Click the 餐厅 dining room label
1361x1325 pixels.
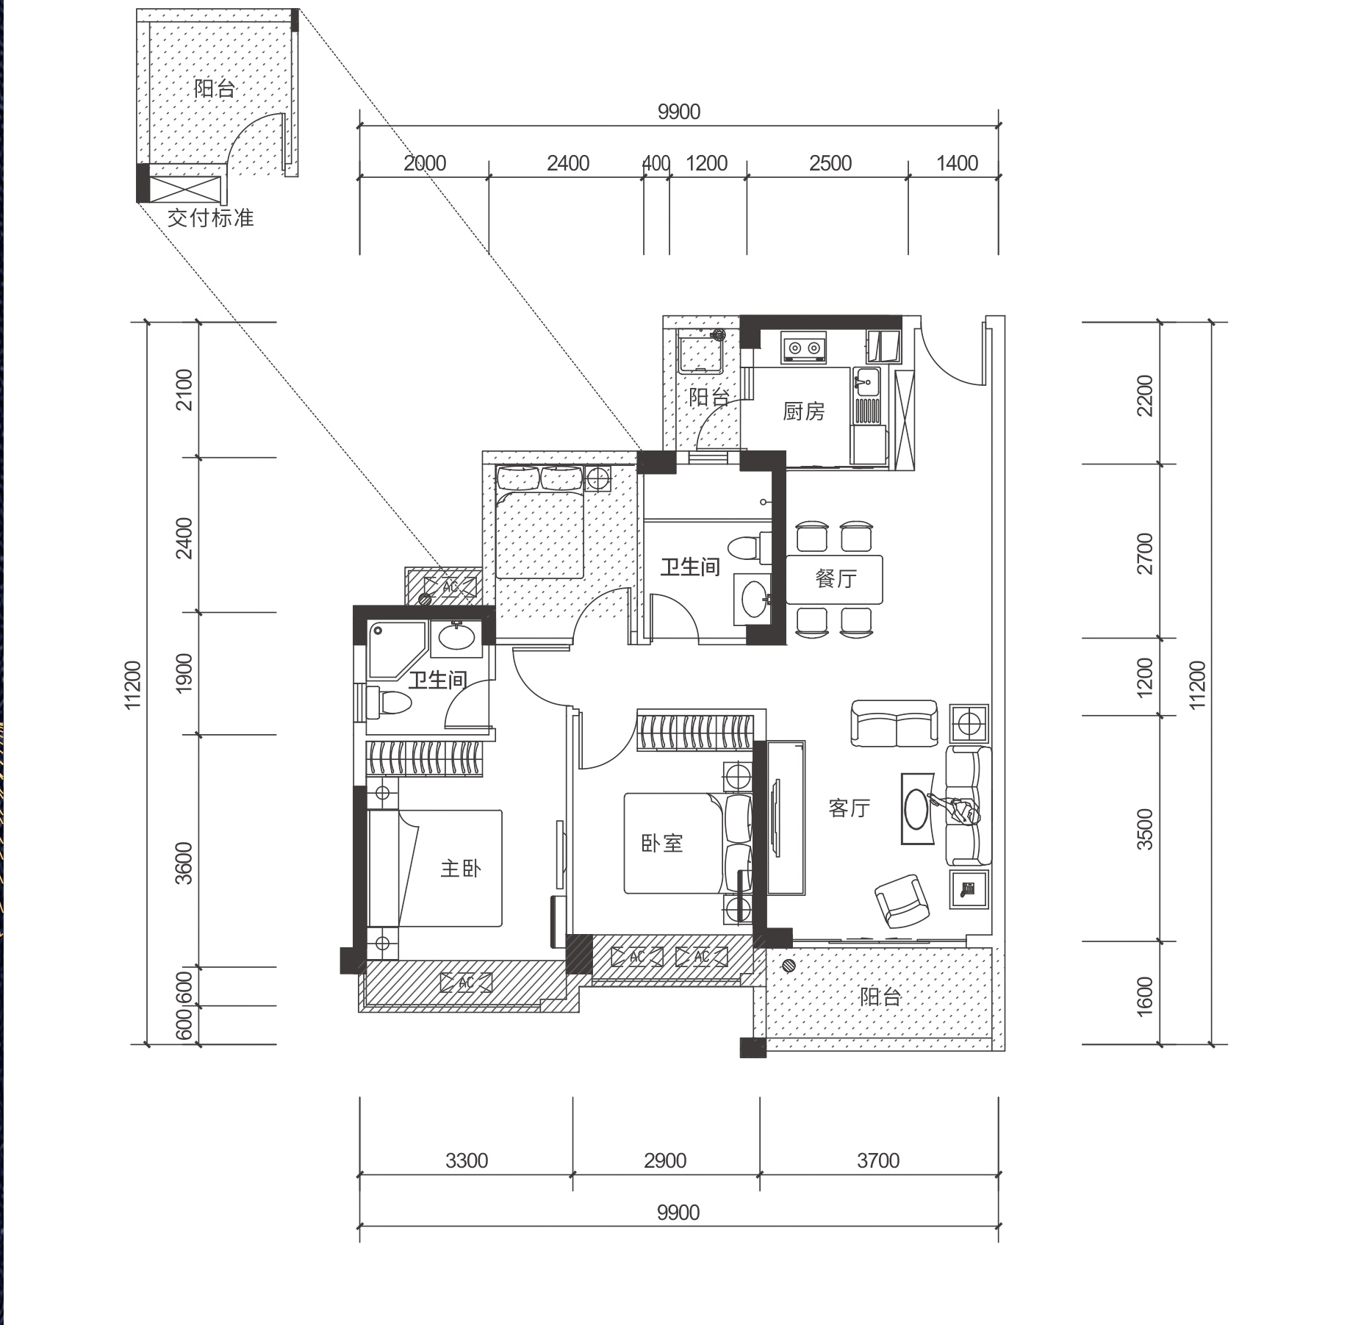[x=836, y=578]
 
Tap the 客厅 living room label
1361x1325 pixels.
[x=849, y=808]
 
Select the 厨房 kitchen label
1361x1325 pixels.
[x=803, y=411]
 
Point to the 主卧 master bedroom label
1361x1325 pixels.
[x=461, y=869]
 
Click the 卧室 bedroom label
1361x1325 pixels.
[x=662, y=843]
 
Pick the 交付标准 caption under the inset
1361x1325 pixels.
[x=210, y=218]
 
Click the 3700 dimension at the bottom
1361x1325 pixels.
[x=878, y=1160]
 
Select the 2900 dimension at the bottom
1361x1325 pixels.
[x=665, y=1160]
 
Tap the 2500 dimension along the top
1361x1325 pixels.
[x=830, y=163]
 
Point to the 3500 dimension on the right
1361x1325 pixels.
[x=1145, y=829]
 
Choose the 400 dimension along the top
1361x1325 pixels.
[x=656, y=163]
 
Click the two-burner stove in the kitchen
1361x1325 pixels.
[x=804, y=348]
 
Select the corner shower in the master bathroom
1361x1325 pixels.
[x=396, y=650]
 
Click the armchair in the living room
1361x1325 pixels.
[x=902, y=901]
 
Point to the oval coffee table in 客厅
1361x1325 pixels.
[x=919, y=808]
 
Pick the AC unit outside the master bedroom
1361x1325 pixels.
[x=466, y=983]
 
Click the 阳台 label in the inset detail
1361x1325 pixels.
[x=215, y=89]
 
